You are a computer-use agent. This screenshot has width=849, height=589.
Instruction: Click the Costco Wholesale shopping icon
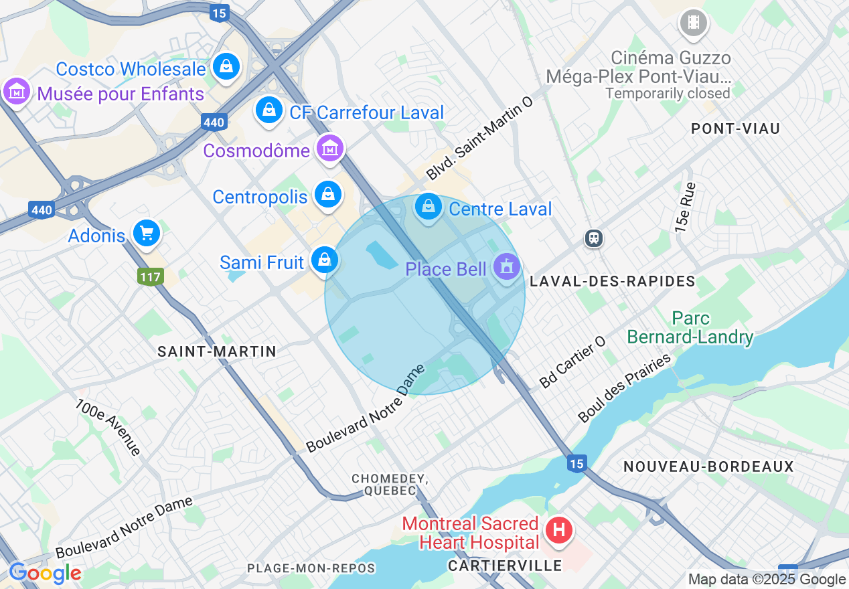click(227, 66)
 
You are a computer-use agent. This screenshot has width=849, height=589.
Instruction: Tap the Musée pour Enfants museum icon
click(16, 91)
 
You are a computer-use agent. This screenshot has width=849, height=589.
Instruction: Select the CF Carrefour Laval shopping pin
click(268, 109)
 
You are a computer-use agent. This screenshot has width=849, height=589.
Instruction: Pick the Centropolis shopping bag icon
click(327, 195)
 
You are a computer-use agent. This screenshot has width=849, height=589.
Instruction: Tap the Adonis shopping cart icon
click(146, 233)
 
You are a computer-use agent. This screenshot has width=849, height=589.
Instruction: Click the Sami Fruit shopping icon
click(324, 260)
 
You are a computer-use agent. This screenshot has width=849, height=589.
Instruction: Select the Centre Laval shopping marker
click(427, 207)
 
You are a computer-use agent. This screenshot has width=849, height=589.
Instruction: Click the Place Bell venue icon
click(506, 268)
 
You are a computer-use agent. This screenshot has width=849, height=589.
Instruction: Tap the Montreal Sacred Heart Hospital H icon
click(559, 531)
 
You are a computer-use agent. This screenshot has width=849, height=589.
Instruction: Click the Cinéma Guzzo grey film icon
click(693, 23)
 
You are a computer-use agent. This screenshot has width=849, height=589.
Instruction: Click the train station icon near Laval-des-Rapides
click(593, 238)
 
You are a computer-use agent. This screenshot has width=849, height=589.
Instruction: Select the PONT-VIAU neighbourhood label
click(735, 129)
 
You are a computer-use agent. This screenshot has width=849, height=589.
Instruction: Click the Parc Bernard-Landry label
click(691, 327)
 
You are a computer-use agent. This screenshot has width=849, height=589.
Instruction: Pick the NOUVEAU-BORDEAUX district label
click(708, 467)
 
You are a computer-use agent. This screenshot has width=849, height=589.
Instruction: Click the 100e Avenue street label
click(107, 428)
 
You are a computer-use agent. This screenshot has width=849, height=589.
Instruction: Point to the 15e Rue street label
click(685, 207)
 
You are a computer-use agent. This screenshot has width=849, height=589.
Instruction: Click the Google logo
click(45, 573)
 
